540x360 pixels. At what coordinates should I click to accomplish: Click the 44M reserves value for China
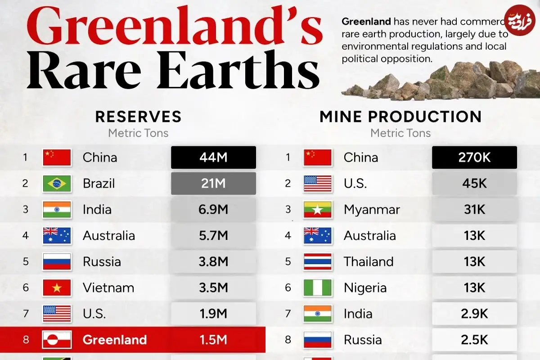coord(213,157)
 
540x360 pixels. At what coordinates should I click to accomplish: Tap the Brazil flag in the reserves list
coord(57,184)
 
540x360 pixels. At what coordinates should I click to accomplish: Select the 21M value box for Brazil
coord(213,184)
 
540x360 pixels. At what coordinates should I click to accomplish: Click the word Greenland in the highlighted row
coord(114,339)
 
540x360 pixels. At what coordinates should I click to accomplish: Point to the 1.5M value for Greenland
coord(213,339)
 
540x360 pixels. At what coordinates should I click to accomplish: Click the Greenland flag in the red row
coord(57,339)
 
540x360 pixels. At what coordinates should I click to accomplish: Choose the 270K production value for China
coord(474,157)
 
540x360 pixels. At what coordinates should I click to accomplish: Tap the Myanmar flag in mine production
coord(318,210)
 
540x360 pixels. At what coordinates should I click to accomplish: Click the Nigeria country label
coord(365,288)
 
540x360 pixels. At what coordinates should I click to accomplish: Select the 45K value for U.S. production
coord(474,184)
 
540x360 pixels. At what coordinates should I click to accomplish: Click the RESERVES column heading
coord(138,117)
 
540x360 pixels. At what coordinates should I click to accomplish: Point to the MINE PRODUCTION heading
coord(400,117)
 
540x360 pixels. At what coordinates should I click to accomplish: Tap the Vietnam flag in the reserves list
coord(57,288)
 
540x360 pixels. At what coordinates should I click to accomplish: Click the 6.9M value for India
coord(213,210)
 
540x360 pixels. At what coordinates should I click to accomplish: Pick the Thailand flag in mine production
coord(318,262)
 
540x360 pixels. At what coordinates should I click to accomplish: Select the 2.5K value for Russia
coord(474,339)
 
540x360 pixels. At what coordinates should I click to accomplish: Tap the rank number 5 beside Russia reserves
coord(26,262)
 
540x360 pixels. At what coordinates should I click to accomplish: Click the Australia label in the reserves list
coord(108,236)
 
